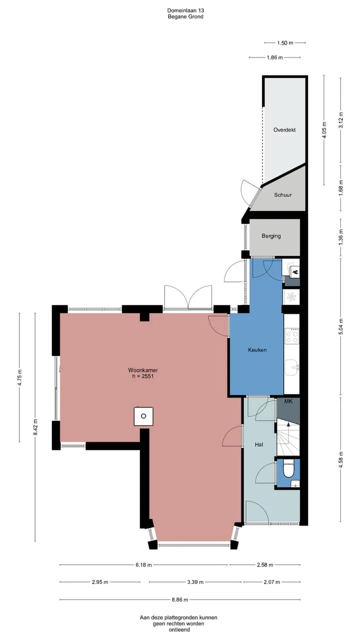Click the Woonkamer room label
point(143,370)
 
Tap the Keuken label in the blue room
point(257,349)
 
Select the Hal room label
point(259,444)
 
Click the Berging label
point(271,236)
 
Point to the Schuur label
point(283,195)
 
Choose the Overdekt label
point(284,129)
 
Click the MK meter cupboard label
point(288,401)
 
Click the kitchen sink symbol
point(291,367)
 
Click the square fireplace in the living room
point(143,416)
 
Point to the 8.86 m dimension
point(180,599)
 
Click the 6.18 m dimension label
point(143,564)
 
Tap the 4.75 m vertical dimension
point(19,377)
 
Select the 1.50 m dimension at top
point(285,43)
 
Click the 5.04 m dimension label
point(340,326)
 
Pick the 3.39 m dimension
point(195,582)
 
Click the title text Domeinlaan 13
point(185,10)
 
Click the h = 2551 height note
point(143,376)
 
